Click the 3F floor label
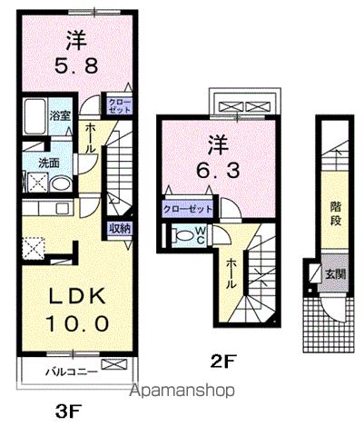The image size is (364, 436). (x=69, y=411)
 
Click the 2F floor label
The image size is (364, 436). (x=222, y=362)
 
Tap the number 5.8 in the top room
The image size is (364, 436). (x=76, y=65)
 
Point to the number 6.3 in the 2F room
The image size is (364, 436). (x=218, y=171)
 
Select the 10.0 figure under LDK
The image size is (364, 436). (x=77, y=323)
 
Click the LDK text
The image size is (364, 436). (x=77, y=296)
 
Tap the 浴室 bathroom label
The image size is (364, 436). (x=60, y=115)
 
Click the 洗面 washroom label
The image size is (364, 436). (x=49, y=163)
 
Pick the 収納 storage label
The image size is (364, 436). (x=120, y=229)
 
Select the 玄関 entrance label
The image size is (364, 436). (x=336, y=274)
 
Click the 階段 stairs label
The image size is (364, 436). (x=336, y=213)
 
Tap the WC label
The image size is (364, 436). (x=201, y=235)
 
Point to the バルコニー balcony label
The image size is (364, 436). (x=72, y=372)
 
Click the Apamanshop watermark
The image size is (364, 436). (x=182, y=391)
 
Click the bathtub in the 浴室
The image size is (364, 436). (x=34, y=116)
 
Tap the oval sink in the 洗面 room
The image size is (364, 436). (x=61, y=183)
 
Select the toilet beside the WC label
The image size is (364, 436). (x=182, y=235)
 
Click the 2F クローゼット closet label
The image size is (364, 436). (x=188, y=209)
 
